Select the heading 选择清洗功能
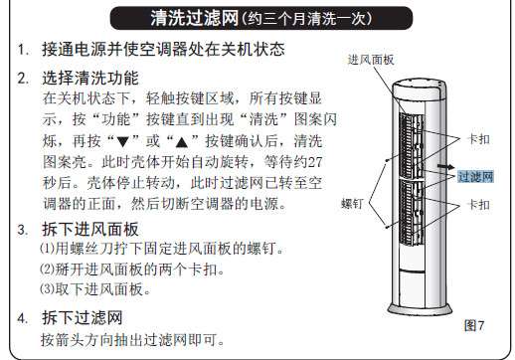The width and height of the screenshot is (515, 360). click(x=89, y=78)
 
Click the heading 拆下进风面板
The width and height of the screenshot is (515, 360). click(x=89, y=229)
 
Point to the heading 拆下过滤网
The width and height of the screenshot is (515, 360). click(x=82, y=318)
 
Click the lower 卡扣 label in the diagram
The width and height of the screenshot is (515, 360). click(x=479, y=204)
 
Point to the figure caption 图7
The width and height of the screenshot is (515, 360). click(x=475, y=325)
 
